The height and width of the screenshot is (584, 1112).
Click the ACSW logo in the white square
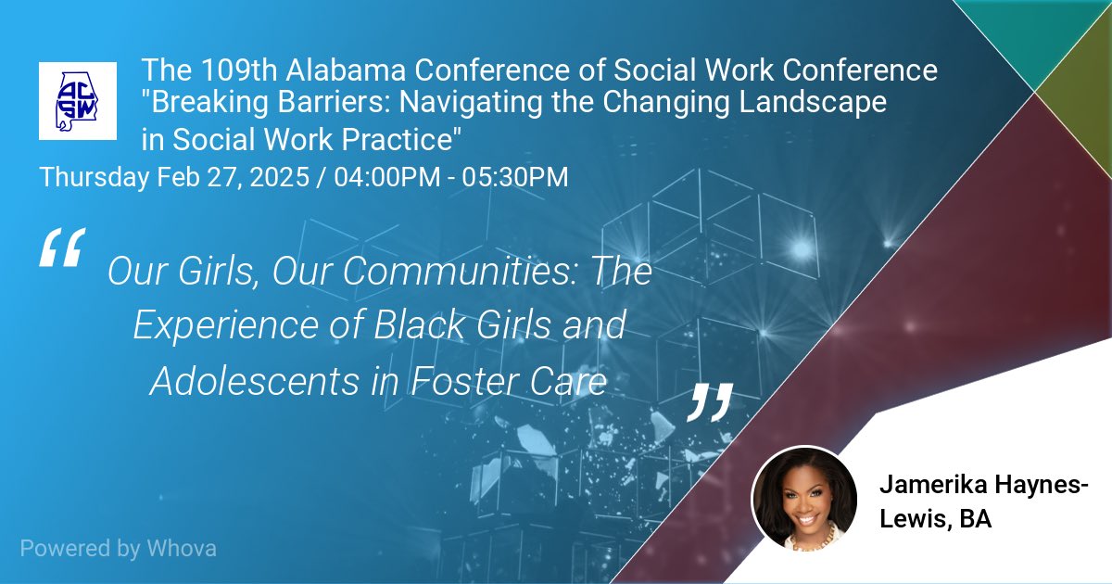(78, 101)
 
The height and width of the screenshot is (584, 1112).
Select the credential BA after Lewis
(975, 519)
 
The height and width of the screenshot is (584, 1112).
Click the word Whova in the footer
(182, 548)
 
